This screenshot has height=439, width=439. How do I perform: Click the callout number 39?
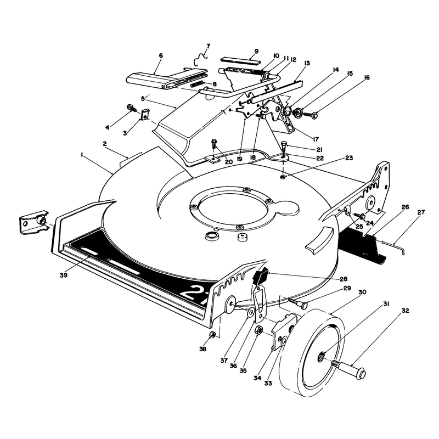click(x=64, y=275)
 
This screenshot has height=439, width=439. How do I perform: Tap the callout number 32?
click(x=405, y=311)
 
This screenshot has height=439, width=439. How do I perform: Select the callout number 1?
click(x=82, y=154)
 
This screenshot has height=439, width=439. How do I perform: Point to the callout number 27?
click(x=421, y=212)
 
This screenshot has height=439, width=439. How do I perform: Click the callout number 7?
click(x=208, y=46)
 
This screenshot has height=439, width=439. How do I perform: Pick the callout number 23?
click(x=349, y=158)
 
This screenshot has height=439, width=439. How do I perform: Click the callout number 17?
click(x=316, y=139)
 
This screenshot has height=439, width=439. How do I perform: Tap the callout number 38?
click(x=202, y=349)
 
